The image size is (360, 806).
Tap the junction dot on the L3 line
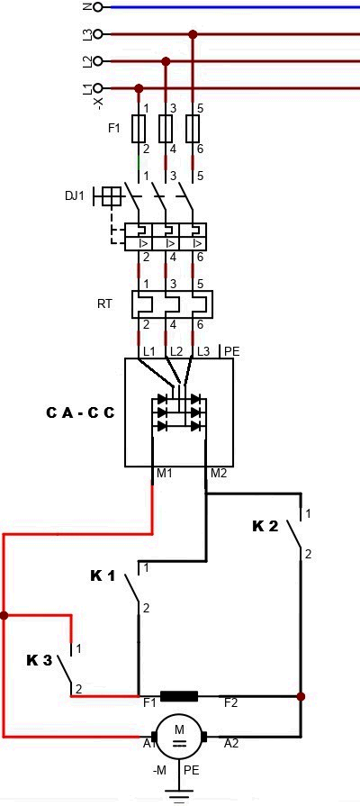click(193, 34)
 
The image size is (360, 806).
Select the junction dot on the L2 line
click(166, 61)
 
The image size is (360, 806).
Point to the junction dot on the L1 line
click(138, 88)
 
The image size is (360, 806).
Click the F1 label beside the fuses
click(114, 129)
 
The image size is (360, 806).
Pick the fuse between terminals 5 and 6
click(193, 129)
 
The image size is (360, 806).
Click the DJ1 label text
click(75, 195)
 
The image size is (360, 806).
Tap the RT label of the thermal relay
click(104, 303)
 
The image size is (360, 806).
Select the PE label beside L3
click(232, 351)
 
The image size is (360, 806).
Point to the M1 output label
click(164, 473)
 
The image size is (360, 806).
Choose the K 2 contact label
click(265, 526)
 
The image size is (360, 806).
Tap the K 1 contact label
click(103, 576)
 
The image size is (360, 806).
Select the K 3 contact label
click(40, 660)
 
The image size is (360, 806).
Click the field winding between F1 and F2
click(179, 696)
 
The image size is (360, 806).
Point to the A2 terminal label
click(231, 742)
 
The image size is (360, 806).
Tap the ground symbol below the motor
click(179, 794)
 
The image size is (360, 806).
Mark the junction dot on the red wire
click(4, 615)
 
